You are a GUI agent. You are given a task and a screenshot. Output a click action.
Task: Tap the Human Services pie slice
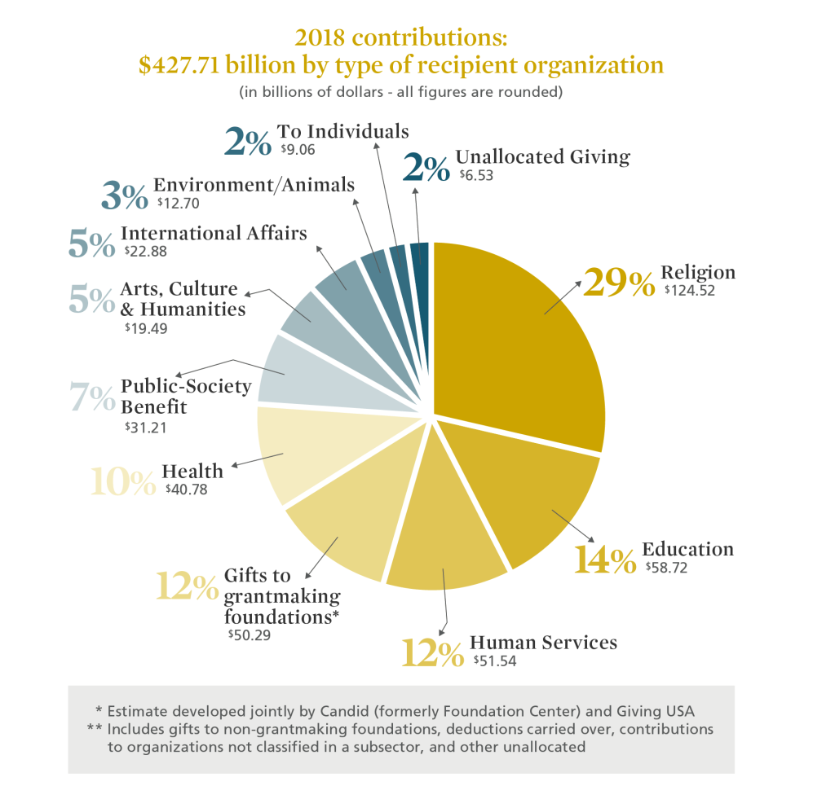point(444,538)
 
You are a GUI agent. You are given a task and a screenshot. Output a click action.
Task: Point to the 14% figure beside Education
point(604,560)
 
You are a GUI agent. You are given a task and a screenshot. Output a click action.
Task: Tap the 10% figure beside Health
point(122,481)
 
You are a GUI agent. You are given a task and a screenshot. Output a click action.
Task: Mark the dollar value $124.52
point(689,290)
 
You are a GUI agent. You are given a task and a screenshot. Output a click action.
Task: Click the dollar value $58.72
point(665,568)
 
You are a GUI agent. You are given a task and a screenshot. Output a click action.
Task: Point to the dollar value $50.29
point(249,634)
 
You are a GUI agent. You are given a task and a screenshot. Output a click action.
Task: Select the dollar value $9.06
point(297,149)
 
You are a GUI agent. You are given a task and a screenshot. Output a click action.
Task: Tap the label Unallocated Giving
point(542,156)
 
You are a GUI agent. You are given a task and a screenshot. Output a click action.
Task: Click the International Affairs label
point(214,233)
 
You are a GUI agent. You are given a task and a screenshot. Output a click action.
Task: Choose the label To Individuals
point(342,131)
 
